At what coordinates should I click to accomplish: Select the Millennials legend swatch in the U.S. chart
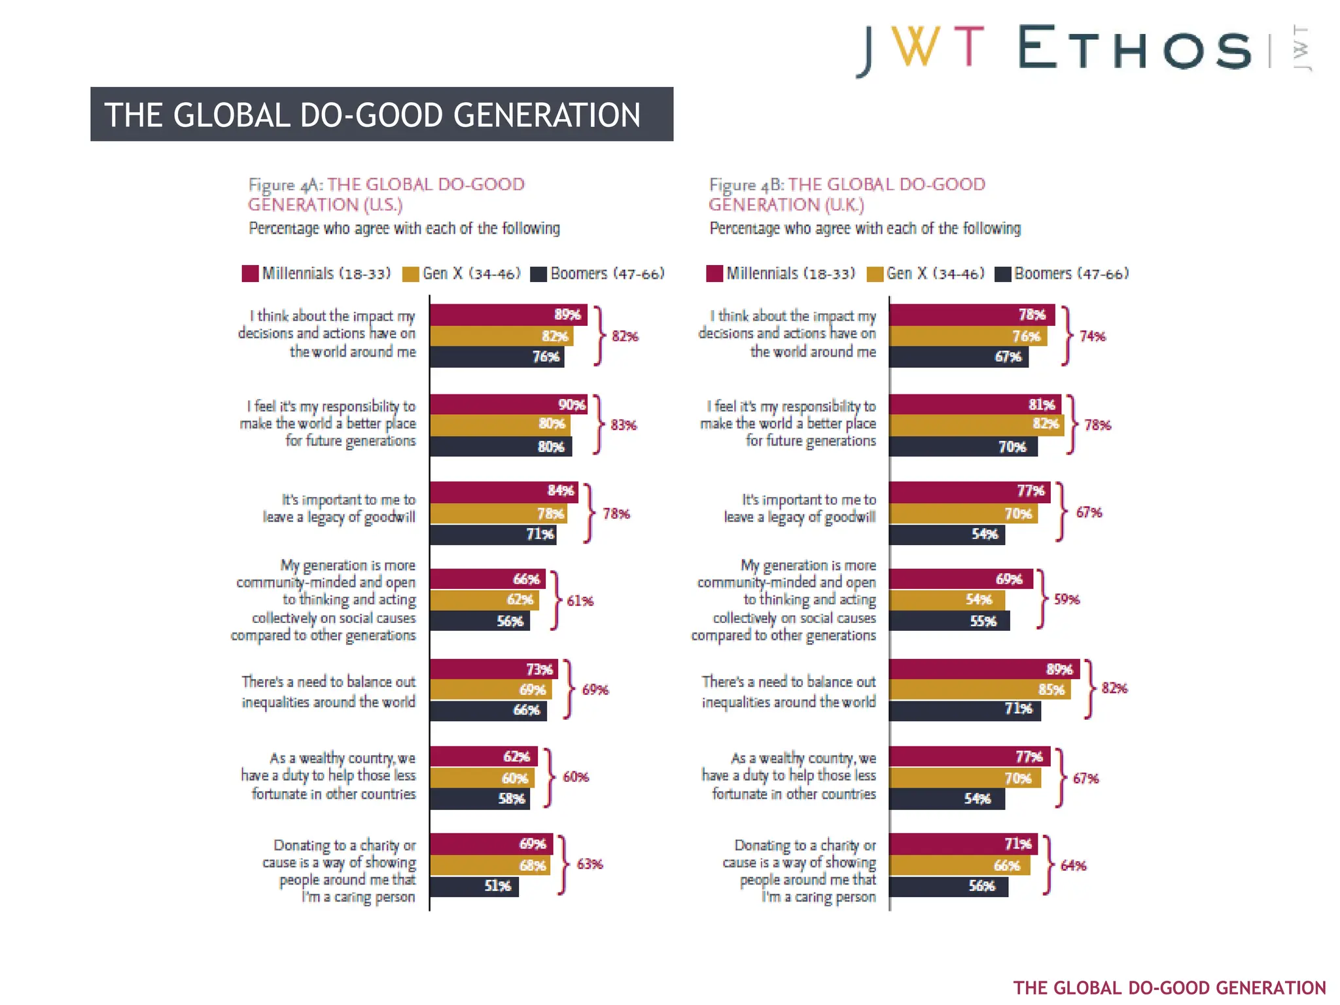tap(250, 273)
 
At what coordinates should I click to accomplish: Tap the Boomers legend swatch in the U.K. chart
tap(1002, 274)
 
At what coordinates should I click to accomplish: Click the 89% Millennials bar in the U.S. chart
tap(508, 315)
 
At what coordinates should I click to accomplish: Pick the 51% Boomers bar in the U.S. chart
tap(474, 886)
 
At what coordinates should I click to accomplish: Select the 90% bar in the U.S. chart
tap(508, 404)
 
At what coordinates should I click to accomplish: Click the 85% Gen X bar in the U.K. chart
tap(979, 690)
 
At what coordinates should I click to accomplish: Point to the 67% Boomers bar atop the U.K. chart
tap(958, 357)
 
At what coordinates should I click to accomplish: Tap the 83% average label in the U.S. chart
tap(624, 425)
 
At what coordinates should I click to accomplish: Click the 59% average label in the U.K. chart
tap(1067, 599)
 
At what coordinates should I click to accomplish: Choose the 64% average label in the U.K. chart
tap(1073, 866)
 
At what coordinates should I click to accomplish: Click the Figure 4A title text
tap(386, 194)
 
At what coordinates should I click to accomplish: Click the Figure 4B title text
tap(847, 194)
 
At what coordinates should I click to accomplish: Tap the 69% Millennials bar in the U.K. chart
tap(961, 579)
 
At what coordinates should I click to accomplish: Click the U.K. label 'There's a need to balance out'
tap(788, 682)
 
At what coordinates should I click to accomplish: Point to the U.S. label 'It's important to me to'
tap(348, 500)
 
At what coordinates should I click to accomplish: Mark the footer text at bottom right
tap(1169, 987)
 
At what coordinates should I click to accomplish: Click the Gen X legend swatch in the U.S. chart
tap(410, 274)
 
